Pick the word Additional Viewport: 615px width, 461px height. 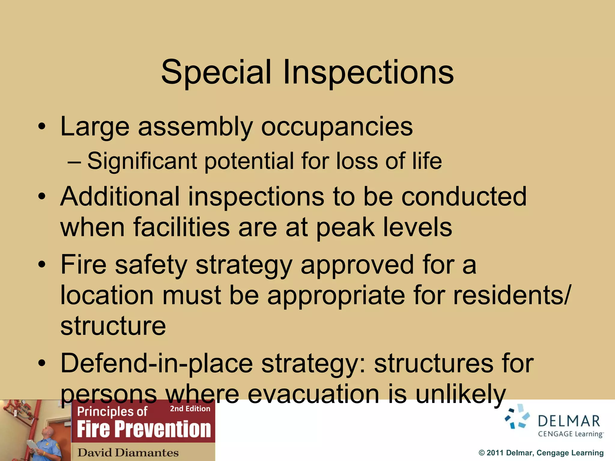click(120, 197)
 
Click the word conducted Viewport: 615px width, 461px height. click(464, 197)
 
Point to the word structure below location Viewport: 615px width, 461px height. click(113, 326)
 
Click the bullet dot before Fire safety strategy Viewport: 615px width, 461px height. click(42, 265)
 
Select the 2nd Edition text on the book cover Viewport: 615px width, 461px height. click(190, 409)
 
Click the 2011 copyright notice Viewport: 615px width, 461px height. click(541, 453)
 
